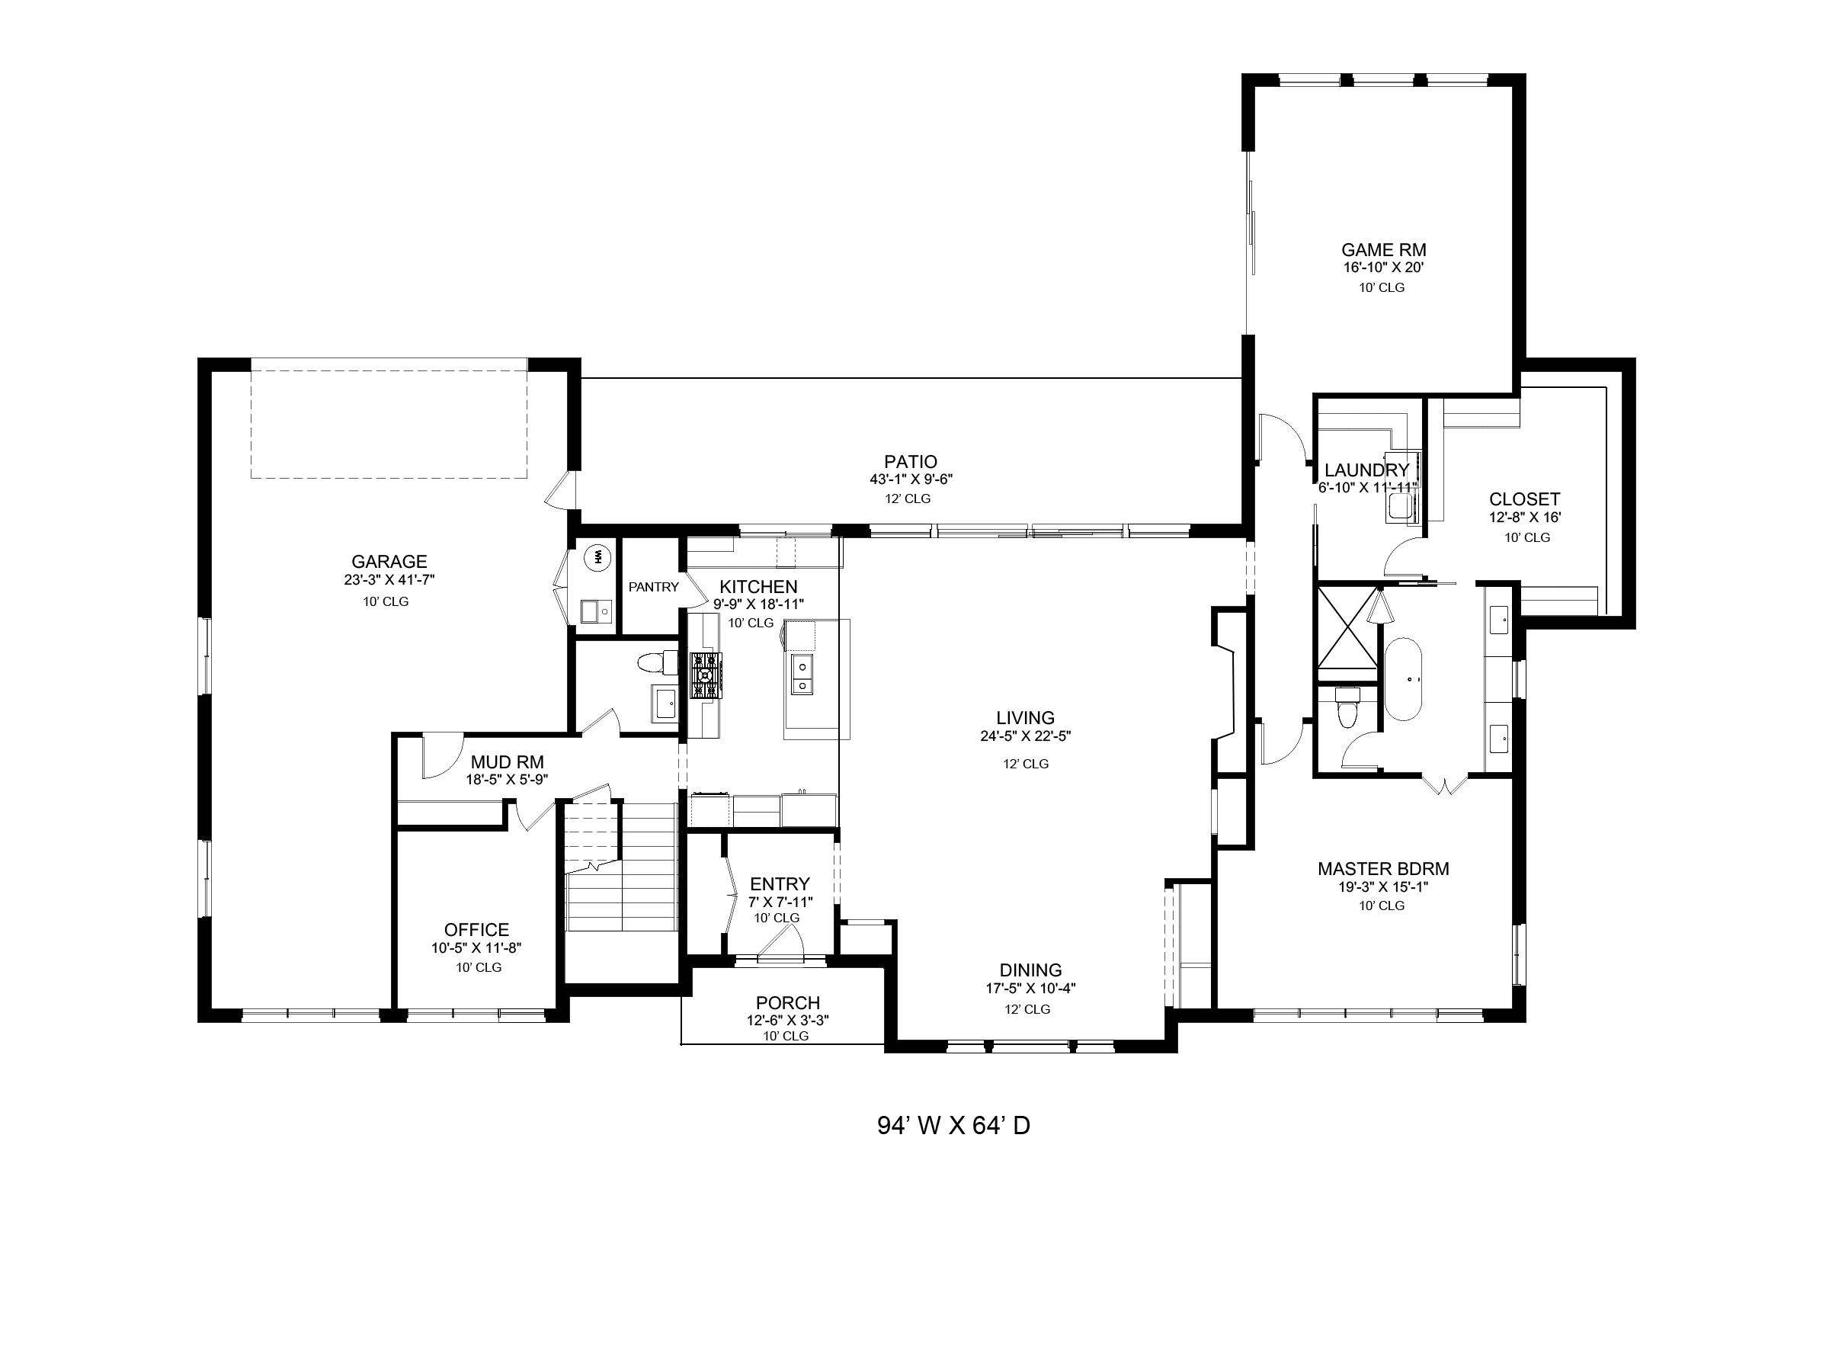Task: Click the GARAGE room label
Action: pos(389,563)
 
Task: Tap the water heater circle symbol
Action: pos(596,557)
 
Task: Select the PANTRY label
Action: pos(653,587)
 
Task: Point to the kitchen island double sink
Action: pos(801,675)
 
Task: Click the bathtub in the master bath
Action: pos(1403,680)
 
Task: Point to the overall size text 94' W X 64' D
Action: pos(953,1126)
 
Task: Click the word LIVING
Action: pos(1025,718)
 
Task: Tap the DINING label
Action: pos(1030,970)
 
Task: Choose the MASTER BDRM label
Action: pos(1383,869)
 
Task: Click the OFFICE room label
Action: pos(477,930)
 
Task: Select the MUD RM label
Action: pos(508,761)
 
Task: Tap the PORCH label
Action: pos(788,1004)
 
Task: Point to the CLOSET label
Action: pos(1525,499)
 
